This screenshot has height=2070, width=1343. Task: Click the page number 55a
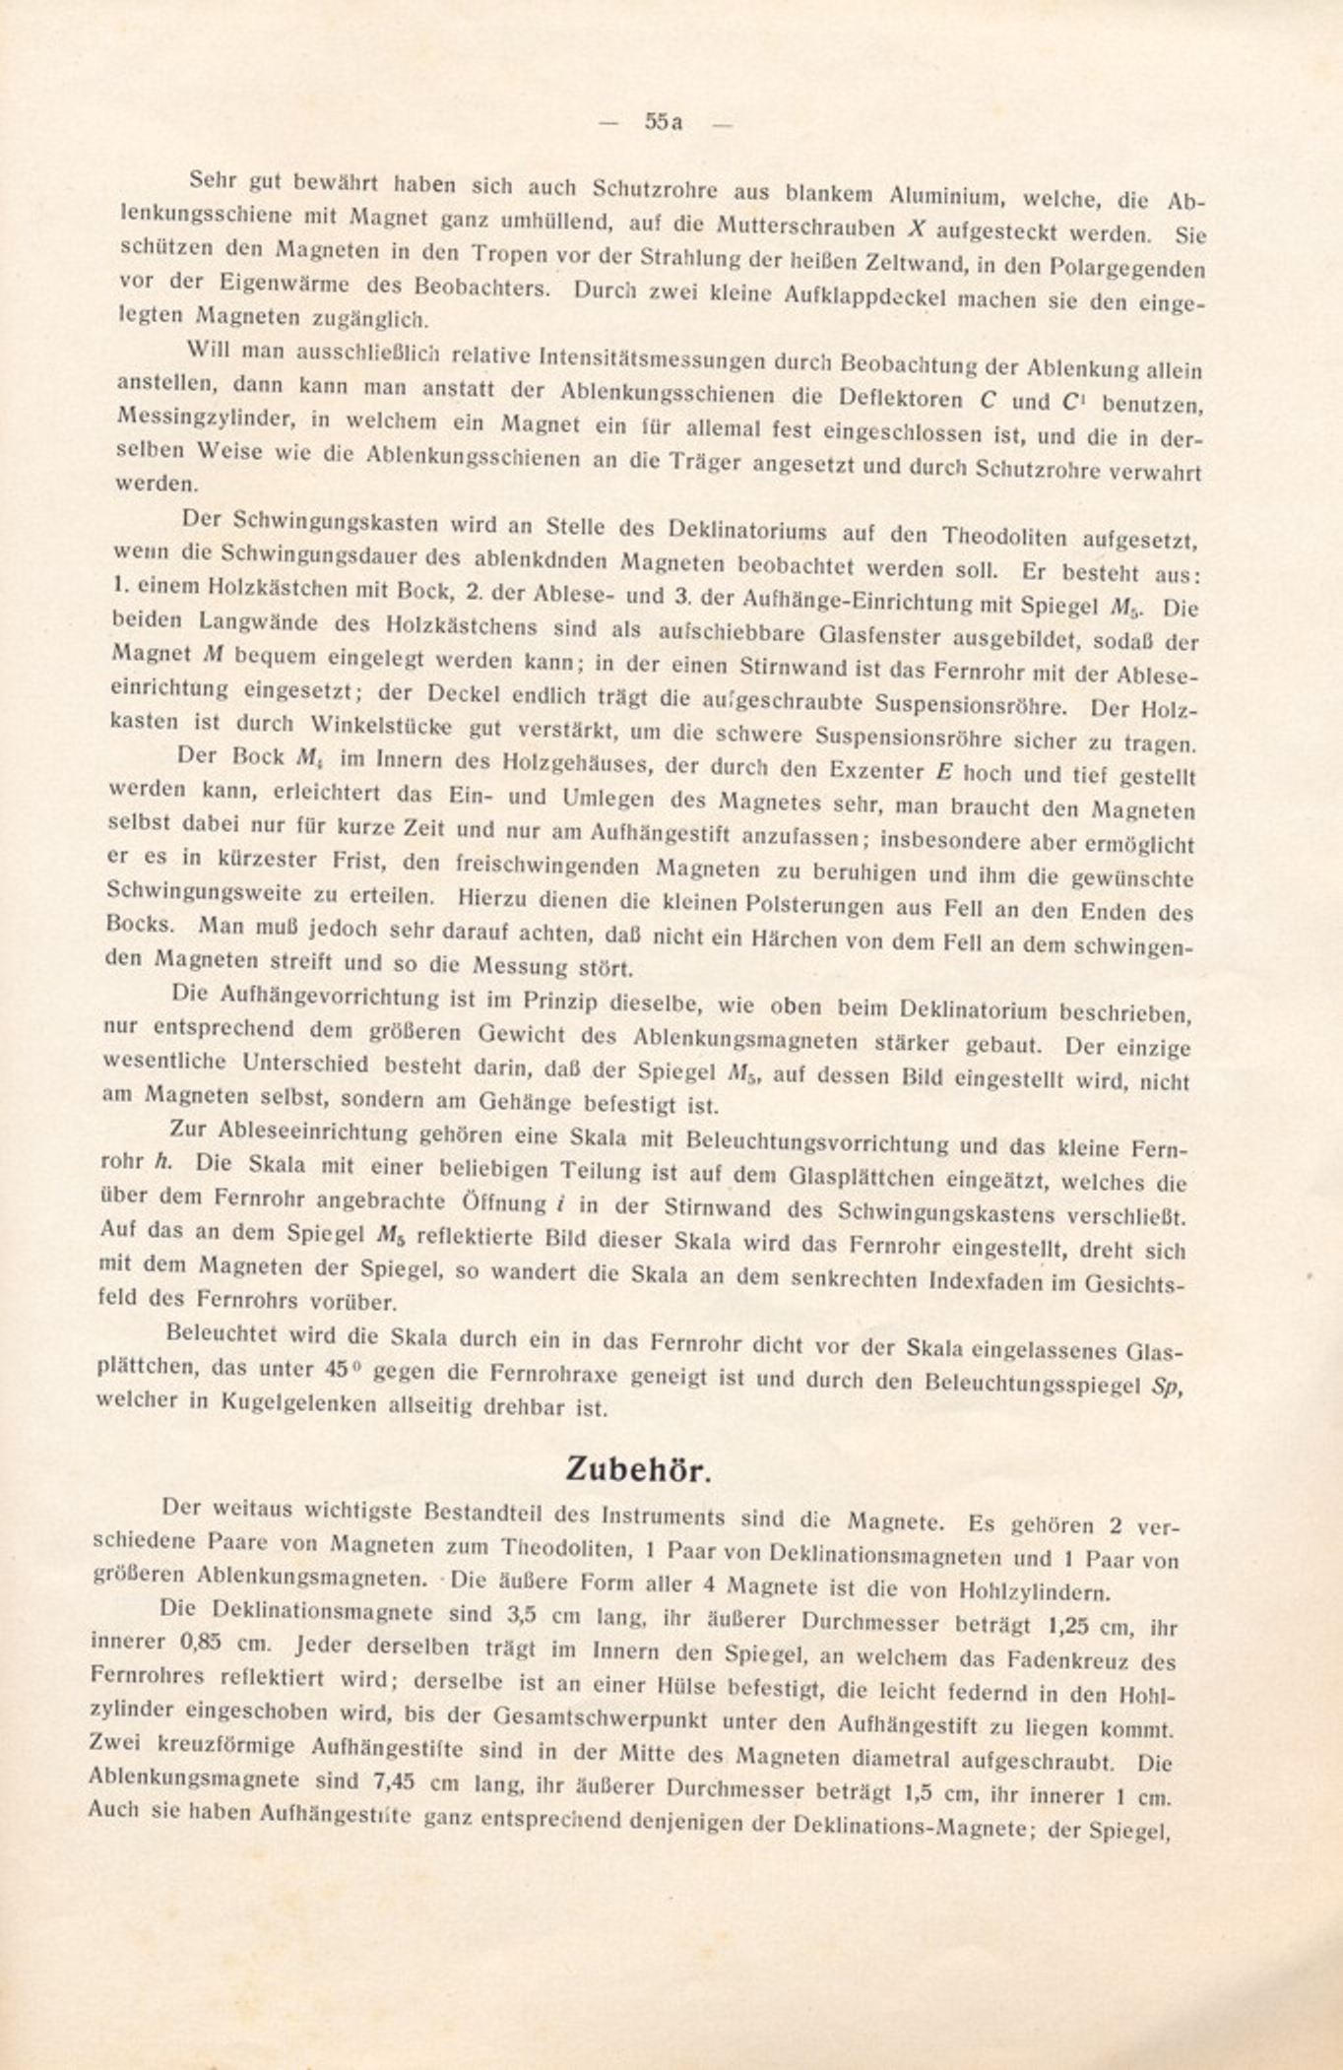coord(664,122)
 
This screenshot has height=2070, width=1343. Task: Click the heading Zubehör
coord(637,1469)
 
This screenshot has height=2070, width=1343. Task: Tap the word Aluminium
coord(945,194)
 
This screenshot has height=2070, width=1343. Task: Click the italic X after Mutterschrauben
coord(915,229)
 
